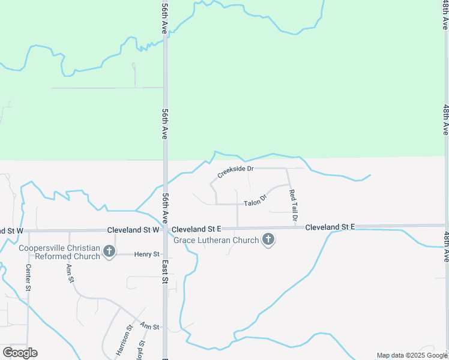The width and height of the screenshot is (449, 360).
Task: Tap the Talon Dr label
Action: point(255,200)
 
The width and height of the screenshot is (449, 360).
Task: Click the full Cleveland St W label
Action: point(133,230)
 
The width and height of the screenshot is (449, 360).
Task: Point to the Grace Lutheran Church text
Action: point(216,240)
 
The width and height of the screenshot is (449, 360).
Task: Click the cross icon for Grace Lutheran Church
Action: point(268,241)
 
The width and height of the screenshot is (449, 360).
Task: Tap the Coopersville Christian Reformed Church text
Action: point(59,252)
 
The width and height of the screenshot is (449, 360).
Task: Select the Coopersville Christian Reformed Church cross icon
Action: point(109,251)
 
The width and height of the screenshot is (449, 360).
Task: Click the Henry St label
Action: point(146,254)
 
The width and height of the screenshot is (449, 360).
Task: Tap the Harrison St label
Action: point(124,340)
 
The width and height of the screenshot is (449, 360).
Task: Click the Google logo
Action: point(20,353)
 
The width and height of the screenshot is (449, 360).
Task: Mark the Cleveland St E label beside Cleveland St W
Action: point(196,229)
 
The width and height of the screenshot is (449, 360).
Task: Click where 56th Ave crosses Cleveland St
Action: point(165,229)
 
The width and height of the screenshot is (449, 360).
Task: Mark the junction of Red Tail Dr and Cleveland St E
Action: point(296,227)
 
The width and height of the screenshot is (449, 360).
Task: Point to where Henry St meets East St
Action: point(165,254)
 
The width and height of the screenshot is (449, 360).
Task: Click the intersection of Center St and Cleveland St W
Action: point(28,230)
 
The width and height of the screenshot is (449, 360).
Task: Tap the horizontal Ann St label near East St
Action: point(149,327)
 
